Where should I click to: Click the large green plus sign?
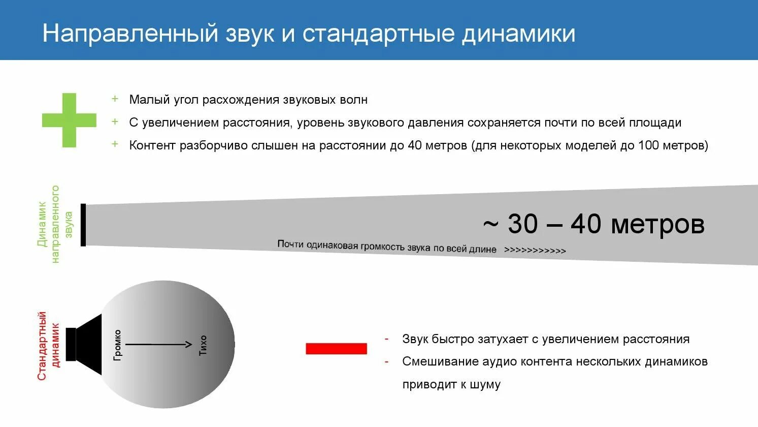[69, 120]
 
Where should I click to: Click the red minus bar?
[336, 349]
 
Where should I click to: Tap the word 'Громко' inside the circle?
[118, 345]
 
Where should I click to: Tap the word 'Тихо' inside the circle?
[203, 345]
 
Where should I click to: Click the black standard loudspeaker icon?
[85, 345]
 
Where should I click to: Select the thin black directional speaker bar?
[83, 225]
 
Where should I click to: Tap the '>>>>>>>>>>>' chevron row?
[535, 251]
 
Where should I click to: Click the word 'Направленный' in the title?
[130, 34]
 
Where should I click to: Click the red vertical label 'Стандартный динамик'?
[49, 346]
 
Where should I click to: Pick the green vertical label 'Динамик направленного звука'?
[55, 224]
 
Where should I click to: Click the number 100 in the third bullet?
[648, 145]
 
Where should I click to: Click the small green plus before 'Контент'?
[115, 144]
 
